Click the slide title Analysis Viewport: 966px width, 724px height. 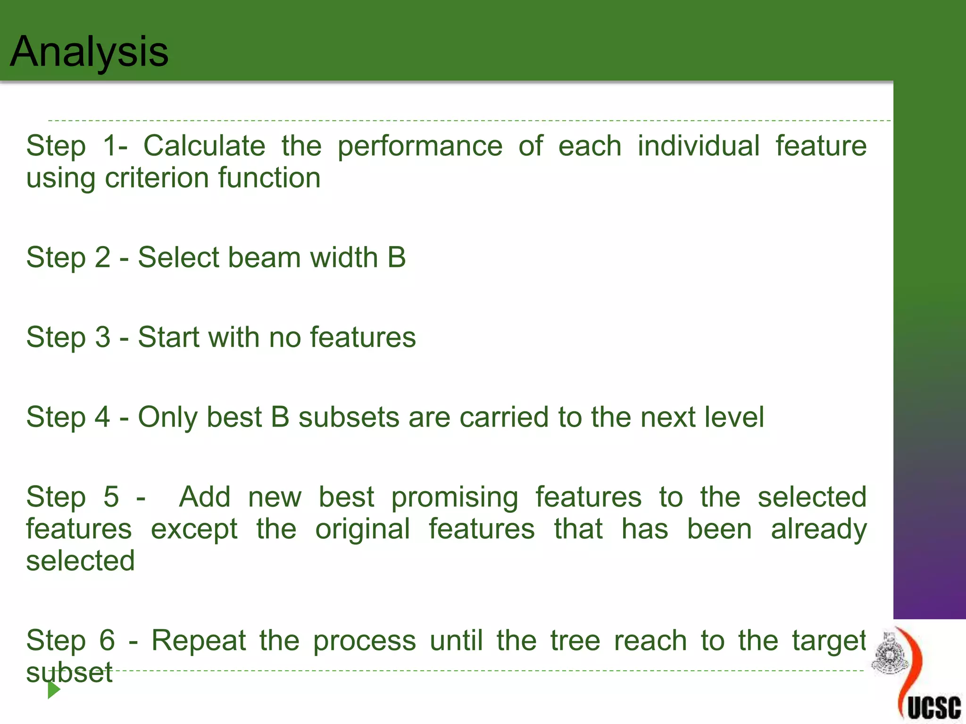pyautogui.click(x=89, y=52)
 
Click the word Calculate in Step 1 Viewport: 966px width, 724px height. pyautogui.click(x=204, y=146)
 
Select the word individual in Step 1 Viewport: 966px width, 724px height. pyautogui.click(x=699, y=146)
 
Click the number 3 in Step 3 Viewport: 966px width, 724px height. pyautogui.click(x=103, y=337)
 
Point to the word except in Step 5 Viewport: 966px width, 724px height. pyautogui.click(x=194, y=529)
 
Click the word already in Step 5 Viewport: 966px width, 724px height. pyautogui.click(x=819, y=529)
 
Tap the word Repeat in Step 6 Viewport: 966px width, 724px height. pyautogui.click(x=199, y=641)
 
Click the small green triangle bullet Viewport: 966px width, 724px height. pyautogui.click(x=54, y=690)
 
